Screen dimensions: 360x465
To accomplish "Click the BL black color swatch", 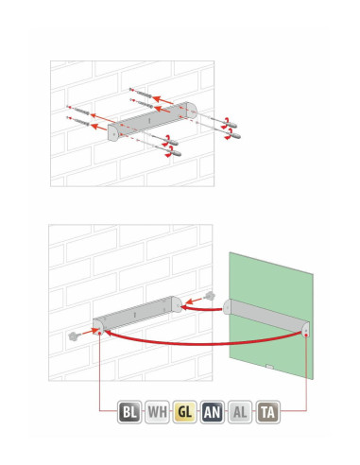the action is point(129,412).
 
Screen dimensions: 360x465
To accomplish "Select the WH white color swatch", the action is point(157,412).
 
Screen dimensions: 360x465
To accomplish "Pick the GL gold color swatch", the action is point(185,412).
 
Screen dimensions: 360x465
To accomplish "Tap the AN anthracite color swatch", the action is point(213,412).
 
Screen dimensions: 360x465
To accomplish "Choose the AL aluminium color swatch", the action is point(240,412).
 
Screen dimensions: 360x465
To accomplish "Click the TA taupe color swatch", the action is point(267,412).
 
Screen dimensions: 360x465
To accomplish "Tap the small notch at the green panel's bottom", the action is point(270,367).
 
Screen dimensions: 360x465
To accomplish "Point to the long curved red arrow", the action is point(205,343).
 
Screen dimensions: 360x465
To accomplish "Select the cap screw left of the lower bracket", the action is point(73,336).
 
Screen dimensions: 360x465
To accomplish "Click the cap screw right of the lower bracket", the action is point(210,296).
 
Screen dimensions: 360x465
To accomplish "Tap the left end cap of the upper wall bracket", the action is point(113,132).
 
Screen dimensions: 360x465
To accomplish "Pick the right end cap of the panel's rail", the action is point(305,330).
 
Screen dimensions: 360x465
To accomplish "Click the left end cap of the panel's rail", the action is point(228,306).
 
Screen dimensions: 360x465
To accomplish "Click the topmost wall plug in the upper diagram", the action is point(141,93).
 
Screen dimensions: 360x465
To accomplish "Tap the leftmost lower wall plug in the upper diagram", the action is point(78,121).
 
